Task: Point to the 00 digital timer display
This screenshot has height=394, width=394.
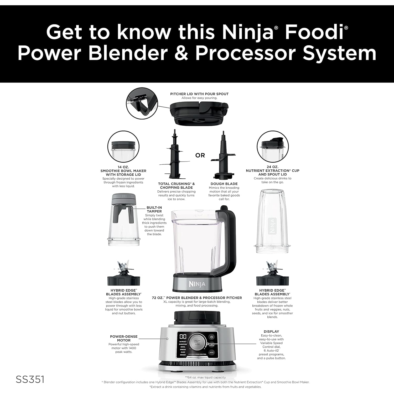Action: tap(183, 336)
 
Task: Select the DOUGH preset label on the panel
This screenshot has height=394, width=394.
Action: tap(183, 355)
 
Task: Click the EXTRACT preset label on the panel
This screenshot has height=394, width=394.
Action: tap(183, 341)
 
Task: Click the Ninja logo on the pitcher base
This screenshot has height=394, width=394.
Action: tap(197, 284)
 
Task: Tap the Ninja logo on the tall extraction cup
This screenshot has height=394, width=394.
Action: tap(272, 226)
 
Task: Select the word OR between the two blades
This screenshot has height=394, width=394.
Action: tap(200, 155)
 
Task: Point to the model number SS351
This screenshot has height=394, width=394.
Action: tap(30, 379)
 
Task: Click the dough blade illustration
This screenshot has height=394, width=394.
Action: tap(224, 158)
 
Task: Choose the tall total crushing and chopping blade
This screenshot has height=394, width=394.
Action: tap(174, 155)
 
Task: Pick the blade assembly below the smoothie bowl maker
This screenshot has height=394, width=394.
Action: tap(123, 276)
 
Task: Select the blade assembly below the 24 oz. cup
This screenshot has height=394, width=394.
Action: tap(272, 276)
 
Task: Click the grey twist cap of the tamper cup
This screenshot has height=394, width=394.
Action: tap(123, 199)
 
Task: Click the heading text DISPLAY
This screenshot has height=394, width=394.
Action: tap(271, 331)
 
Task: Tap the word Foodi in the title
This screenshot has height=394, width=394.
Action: tap(314, 33)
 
